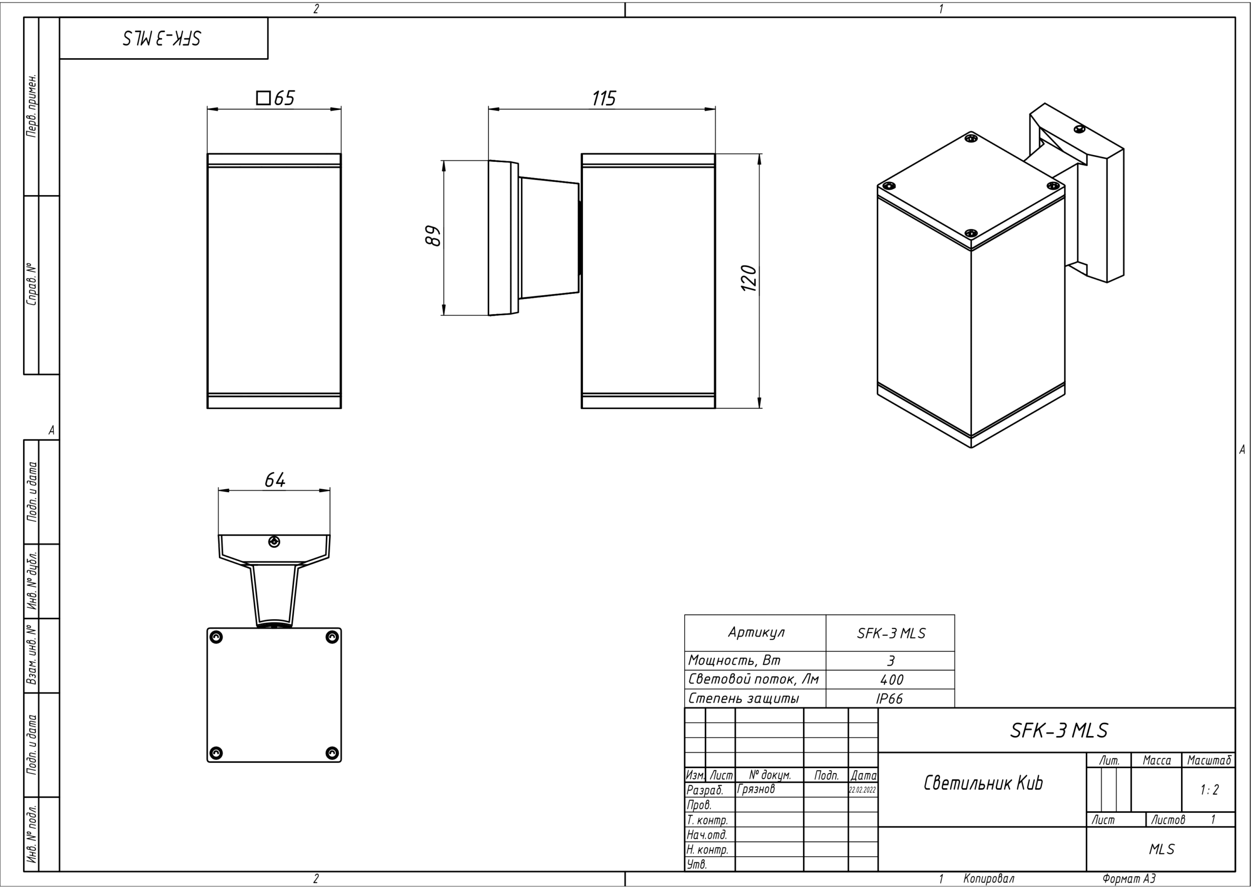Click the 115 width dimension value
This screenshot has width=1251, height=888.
604,98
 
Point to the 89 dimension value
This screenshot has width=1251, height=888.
433,236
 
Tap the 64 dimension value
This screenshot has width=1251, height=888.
275,480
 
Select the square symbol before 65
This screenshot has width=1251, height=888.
263,98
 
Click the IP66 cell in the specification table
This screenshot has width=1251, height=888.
889,699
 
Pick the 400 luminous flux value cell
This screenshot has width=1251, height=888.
891,680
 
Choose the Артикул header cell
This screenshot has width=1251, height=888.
756,633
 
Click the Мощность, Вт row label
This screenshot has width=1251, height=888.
734,661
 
